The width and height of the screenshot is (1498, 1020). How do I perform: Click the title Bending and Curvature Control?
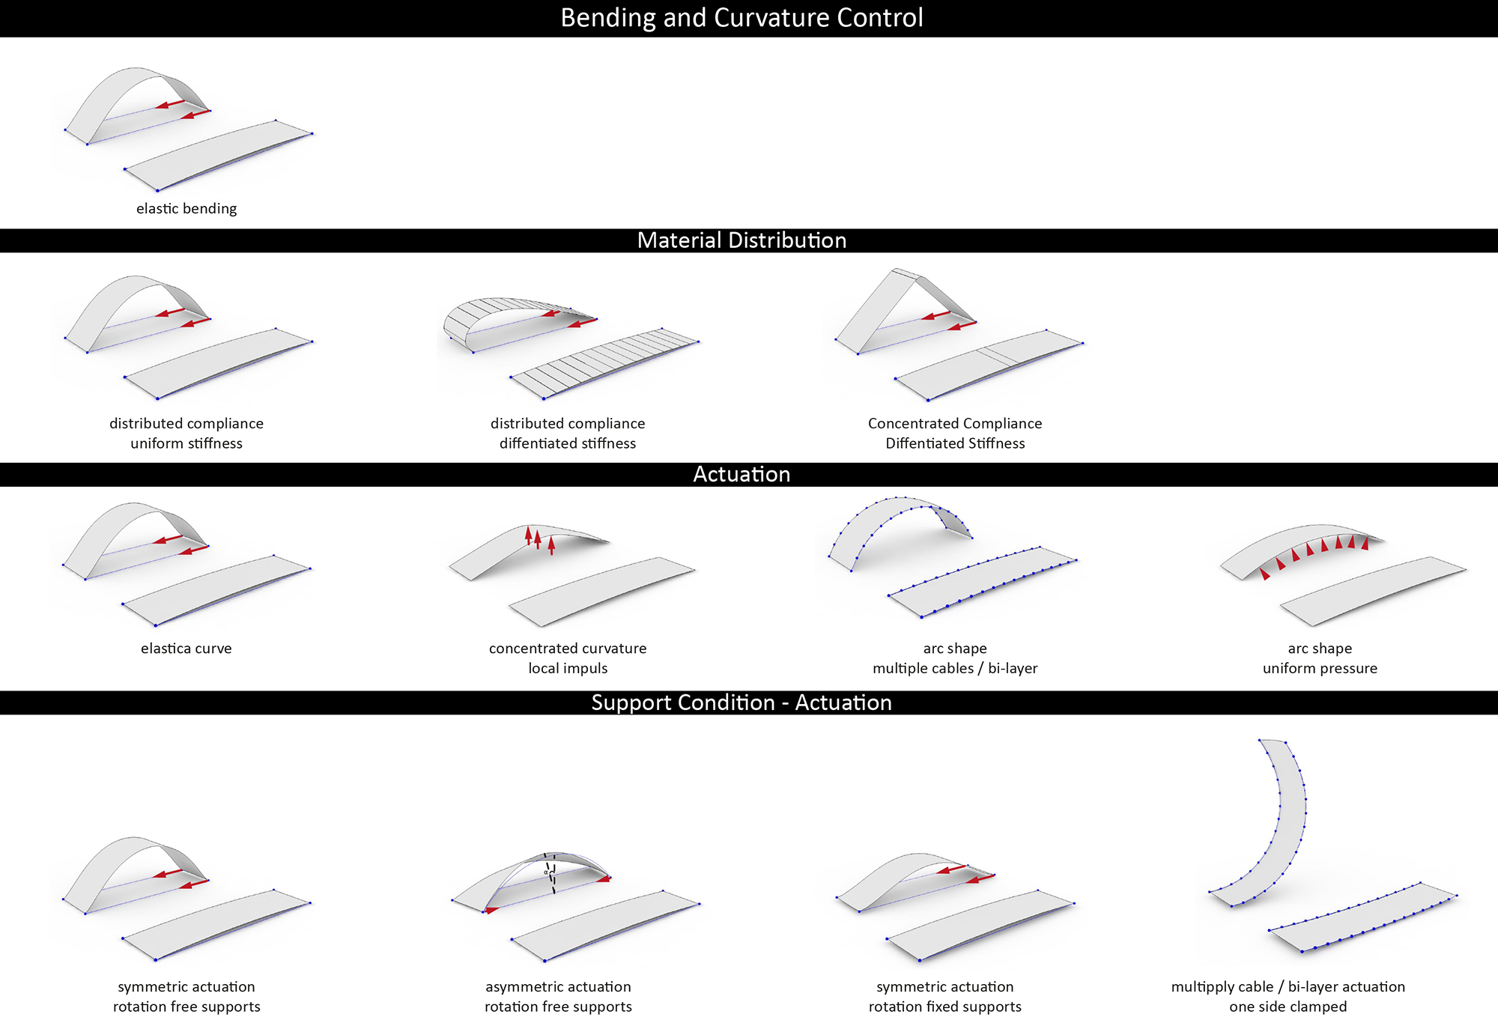742,18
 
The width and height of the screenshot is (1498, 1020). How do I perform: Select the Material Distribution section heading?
742,240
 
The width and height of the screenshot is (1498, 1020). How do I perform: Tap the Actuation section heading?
742,474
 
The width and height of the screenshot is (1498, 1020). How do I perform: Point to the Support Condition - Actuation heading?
742,702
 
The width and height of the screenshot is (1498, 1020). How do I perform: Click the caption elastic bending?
187,208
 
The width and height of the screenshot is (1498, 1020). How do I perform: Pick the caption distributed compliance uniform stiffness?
187,433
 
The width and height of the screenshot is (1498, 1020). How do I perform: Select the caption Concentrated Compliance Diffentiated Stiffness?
955,433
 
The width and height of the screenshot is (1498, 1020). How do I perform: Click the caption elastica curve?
187,649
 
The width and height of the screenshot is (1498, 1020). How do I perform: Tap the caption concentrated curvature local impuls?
568,658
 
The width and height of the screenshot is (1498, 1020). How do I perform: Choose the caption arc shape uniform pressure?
1320,658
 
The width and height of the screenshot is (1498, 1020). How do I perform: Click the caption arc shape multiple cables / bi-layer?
955,658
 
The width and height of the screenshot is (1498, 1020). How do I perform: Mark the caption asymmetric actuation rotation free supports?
558,997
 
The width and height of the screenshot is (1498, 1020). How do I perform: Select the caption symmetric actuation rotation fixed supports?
945,997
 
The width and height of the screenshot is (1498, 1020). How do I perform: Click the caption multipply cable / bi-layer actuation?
1288,987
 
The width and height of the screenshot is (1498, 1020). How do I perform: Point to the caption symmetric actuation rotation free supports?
187,997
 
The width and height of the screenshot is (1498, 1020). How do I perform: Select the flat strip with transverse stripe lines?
604,364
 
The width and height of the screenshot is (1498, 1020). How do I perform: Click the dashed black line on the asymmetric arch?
551,873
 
